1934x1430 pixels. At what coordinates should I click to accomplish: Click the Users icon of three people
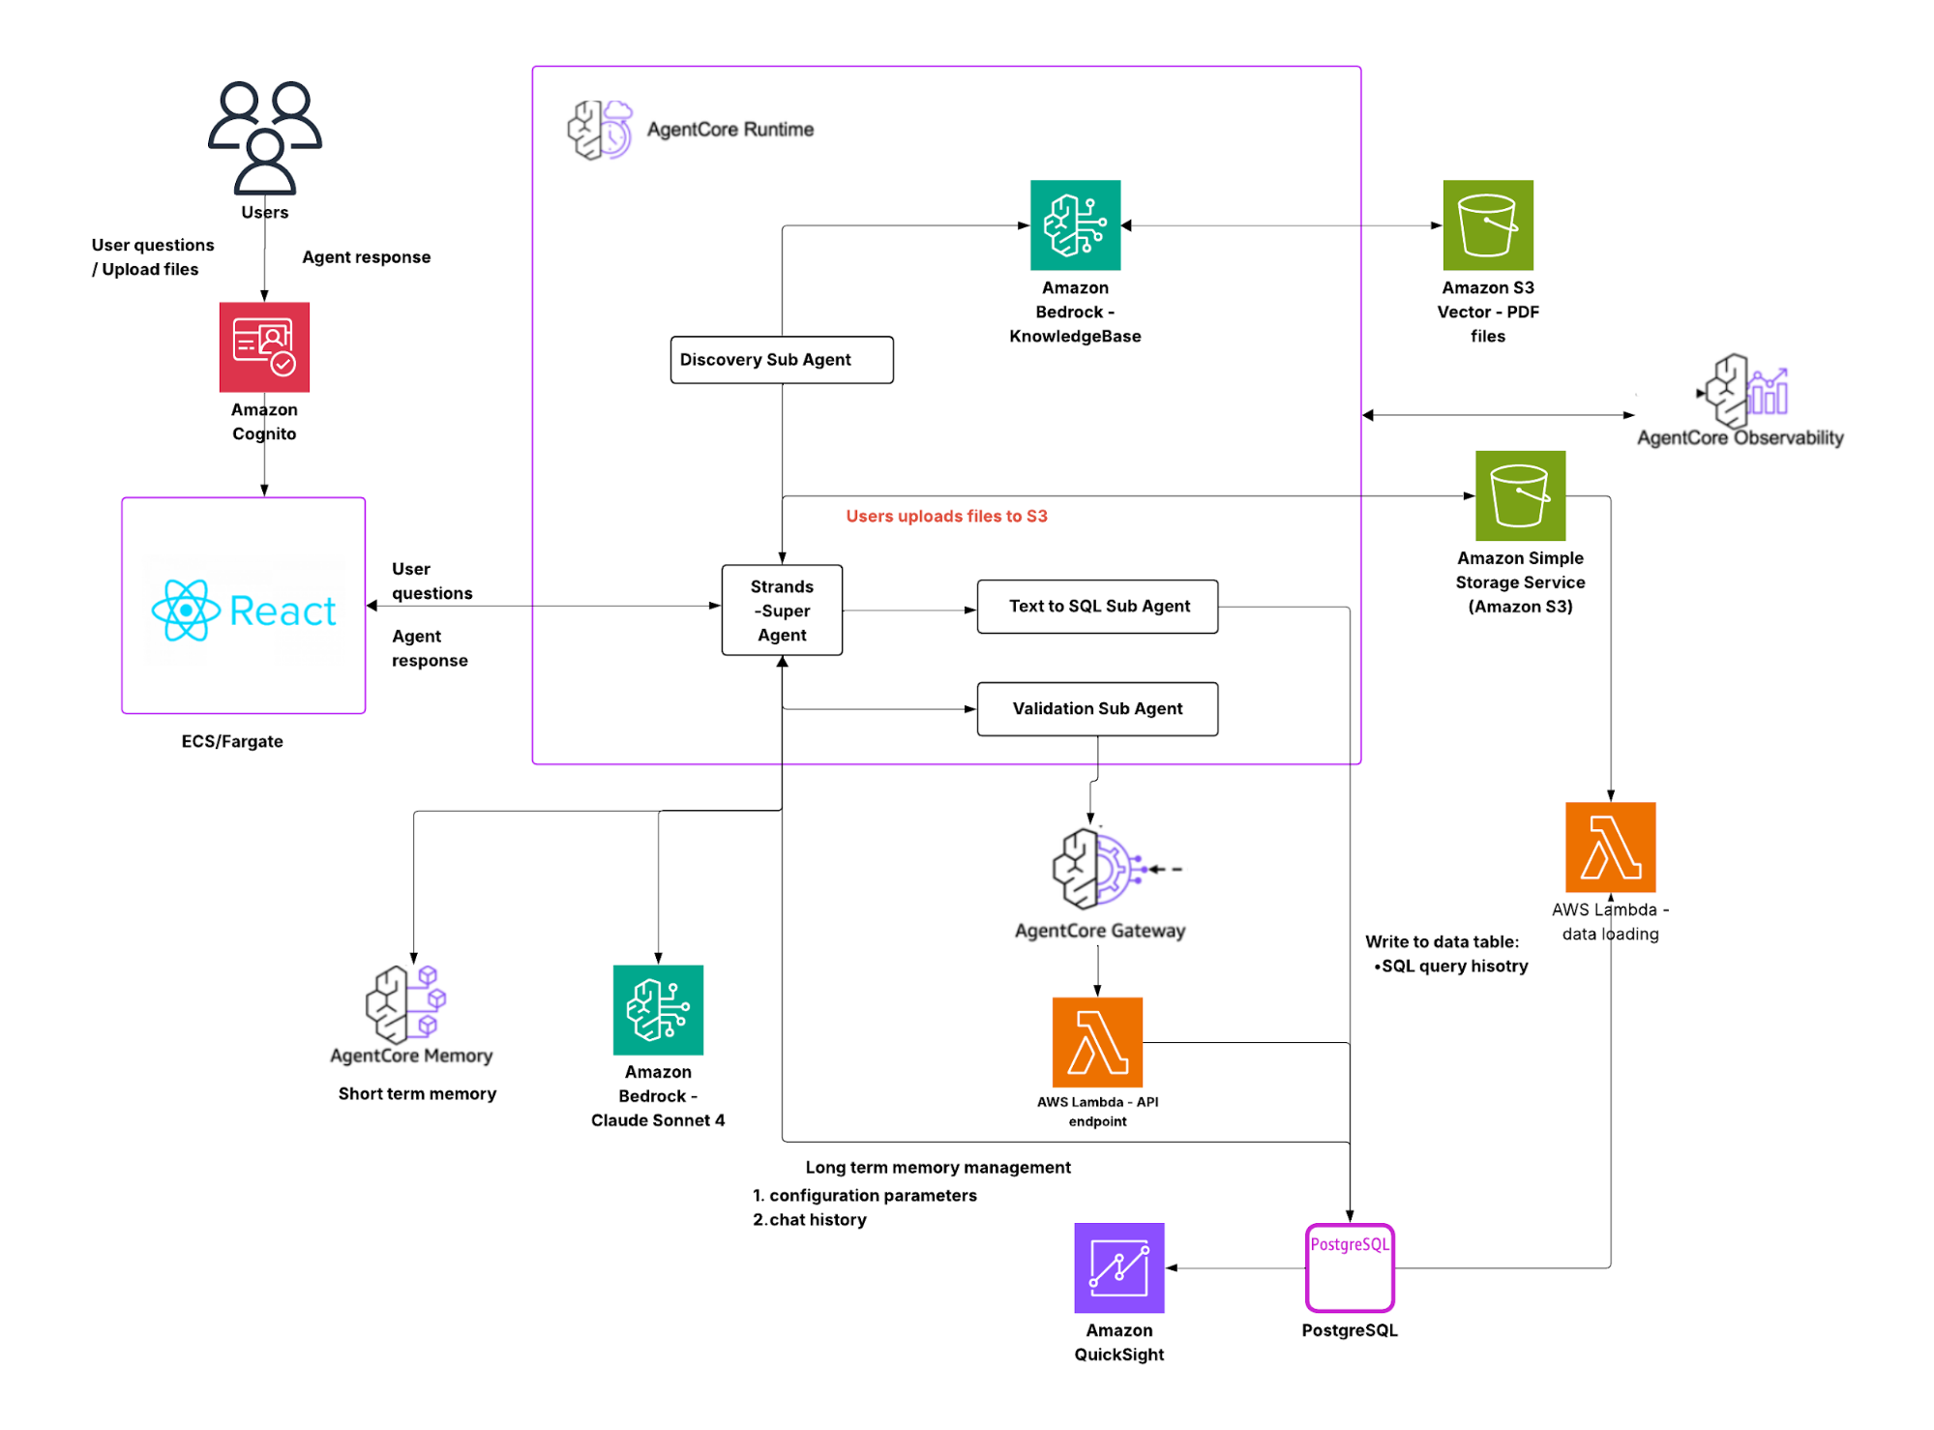[x=264, y=137]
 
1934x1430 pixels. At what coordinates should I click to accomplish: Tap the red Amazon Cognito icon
[x=264, y=346]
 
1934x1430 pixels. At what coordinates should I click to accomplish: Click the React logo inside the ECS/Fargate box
[x=244, y=611]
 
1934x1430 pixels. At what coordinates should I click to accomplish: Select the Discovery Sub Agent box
[x=781, y=360]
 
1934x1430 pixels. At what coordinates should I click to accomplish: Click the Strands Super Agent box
[x=782, y=611]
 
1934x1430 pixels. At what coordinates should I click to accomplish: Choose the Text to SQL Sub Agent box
[x=1097, y=607]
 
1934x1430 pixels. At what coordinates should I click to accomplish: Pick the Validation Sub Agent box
[x=1097, y=709]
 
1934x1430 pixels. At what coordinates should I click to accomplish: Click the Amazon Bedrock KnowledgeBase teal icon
[x=1075, y=224]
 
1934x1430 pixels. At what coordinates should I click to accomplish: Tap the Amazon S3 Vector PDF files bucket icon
[x=1487, y=224]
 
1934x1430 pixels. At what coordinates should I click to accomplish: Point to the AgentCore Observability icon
[x=1746, y=391]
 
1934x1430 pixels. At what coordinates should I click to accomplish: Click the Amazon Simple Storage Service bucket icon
[x=1519, y=495]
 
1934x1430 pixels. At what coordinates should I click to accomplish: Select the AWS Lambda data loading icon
[x=1610, y=848]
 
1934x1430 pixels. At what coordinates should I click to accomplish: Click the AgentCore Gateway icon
[x=1098, y=868]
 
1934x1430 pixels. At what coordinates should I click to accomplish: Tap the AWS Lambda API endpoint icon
[x=1097, y=1042]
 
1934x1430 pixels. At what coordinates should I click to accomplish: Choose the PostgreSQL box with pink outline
[x=1349, y=1267]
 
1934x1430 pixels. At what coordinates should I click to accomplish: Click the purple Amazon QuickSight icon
[x=1118, y=1267]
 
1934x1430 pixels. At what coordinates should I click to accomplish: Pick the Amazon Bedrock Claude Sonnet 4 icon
[x=658, y=1009]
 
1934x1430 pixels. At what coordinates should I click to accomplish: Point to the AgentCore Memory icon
[x=406, y=1003]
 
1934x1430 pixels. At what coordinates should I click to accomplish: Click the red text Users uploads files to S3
[x=946, y=517]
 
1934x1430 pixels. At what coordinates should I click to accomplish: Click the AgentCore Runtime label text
[x=729, y=130]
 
